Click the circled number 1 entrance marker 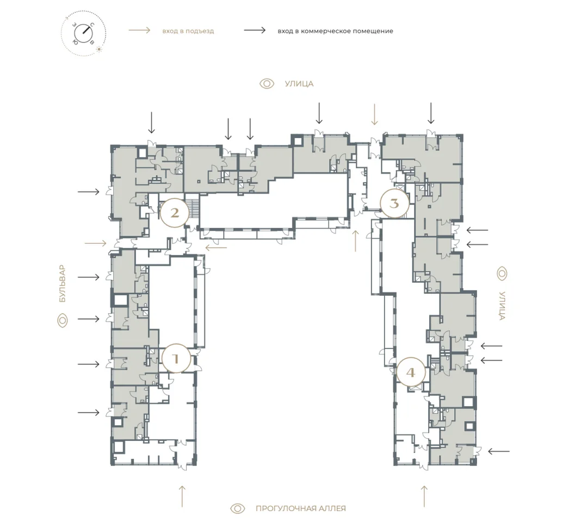click(176, 358)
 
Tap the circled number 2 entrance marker click(175, 213)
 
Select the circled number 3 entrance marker click(394, 203)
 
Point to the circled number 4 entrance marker click(411, 372)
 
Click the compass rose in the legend click(83, 33)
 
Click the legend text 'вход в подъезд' click(188, 31)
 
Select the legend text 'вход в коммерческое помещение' click(335, 31)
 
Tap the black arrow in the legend click(255, 30)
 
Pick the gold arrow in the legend click(139, 30)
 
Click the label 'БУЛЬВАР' click(63, 284)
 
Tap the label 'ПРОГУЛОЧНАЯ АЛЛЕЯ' click(300, 508)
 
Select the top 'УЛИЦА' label click(299, 84)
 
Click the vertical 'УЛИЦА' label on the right click(502, 306)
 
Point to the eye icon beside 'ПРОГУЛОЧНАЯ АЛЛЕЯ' click(238, 508)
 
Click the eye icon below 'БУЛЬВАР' click(63, 321)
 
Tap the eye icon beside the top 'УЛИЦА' click(267, 84)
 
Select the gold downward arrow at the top click(374, 114)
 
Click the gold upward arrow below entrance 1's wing click(182, 496)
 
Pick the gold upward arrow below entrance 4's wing click(424, 496)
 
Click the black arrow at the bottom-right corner click(499, 451)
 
